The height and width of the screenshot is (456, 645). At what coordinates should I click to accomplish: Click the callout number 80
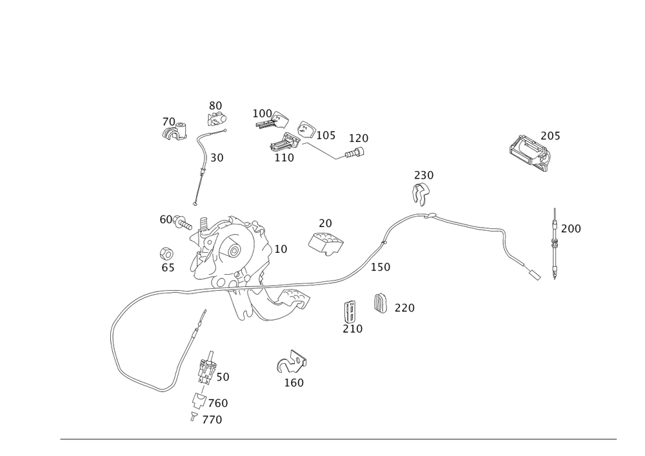pos(215,104)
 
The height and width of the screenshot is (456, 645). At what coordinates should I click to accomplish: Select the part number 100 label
pos(262,113)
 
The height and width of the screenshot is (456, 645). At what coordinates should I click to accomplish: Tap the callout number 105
pos(326,135)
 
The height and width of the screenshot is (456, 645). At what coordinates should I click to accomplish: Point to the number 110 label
pos(283,157)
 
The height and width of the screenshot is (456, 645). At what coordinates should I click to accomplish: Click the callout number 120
pos(359,138)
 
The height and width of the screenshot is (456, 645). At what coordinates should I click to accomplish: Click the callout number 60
pos(166,219)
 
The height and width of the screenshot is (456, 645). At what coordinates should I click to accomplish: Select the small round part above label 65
pos(166,252)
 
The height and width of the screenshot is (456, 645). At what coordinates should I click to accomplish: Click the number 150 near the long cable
pos(381,266)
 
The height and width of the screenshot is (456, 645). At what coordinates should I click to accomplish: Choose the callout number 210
pos(352,328)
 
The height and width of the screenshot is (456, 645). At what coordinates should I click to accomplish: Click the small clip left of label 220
pos(381,302)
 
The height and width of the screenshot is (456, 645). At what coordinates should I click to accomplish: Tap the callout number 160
pos(294,382)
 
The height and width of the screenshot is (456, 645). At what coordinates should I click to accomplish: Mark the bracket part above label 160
pos(292,363)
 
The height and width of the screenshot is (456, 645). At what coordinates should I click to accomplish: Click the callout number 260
pos(219,403)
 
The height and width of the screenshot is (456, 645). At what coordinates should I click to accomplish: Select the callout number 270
pos(212,420)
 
